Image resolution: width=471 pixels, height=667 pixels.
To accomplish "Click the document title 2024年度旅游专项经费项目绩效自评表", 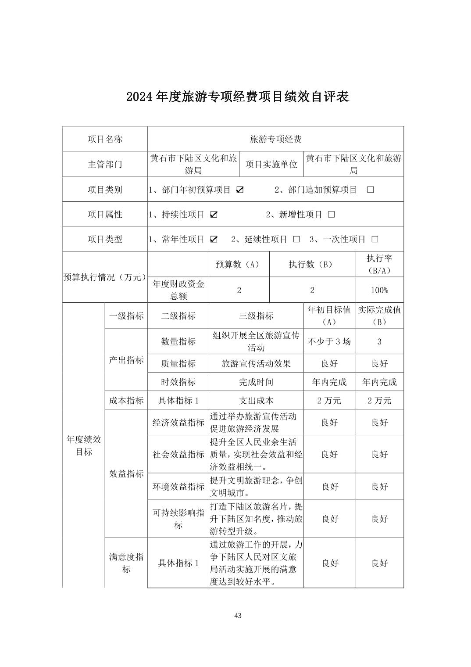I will tap(237, 97).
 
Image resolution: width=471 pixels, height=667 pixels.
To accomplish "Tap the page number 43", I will tap(238, 615).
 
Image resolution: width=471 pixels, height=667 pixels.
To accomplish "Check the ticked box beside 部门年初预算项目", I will tap(240, 190).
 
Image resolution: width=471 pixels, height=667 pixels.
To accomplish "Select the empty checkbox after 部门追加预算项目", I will tap(371, 190).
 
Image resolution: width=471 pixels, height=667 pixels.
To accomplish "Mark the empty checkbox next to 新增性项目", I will tap(332, 215).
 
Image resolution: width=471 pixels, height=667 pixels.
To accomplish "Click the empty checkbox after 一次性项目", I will tap(375, 239).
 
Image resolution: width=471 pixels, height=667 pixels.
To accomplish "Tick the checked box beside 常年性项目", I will tap(214, 239).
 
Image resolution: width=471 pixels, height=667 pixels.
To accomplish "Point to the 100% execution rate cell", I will tap(379, 290).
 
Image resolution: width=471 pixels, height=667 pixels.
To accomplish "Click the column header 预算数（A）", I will tap(239, 264).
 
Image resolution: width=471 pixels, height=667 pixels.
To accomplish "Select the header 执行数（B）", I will tap(312, 264).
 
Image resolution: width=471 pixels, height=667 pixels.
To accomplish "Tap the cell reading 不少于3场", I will tap(329, 341).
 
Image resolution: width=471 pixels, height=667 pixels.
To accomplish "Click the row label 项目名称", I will tap(105, 139).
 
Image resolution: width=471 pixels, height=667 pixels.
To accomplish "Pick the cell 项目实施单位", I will tap(271, 164).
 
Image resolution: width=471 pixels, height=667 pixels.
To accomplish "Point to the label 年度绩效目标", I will tap(83, 445).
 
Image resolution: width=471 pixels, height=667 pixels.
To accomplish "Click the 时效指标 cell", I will tap(178, 382).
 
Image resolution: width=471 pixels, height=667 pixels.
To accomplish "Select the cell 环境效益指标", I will tap(178, 486).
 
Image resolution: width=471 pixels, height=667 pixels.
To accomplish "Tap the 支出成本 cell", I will tap(256, 400).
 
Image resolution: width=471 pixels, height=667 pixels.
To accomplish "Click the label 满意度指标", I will tap(126, 563).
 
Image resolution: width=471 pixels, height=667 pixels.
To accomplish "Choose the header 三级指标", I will tap(256, 316).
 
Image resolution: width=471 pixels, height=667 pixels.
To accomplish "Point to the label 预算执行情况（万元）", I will tap(105, 277).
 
